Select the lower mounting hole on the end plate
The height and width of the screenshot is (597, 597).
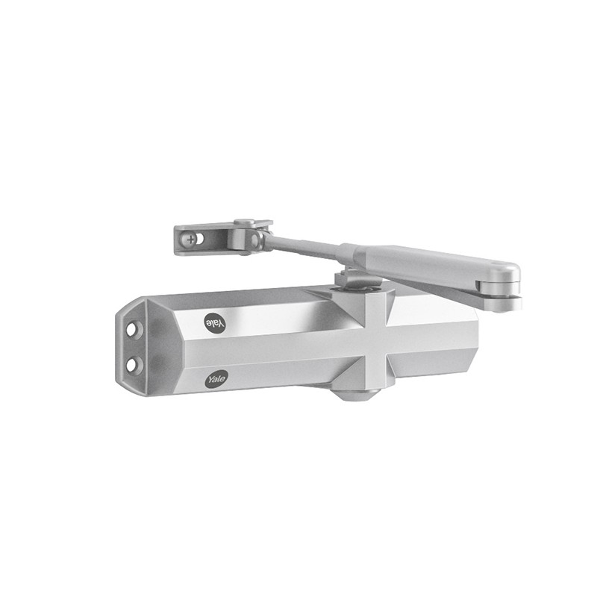tap(131, 365)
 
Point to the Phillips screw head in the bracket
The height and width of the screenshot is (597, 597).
tap(191, 240)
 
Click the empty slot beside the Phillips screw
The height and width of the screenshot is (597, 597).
tap(200, 239)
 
